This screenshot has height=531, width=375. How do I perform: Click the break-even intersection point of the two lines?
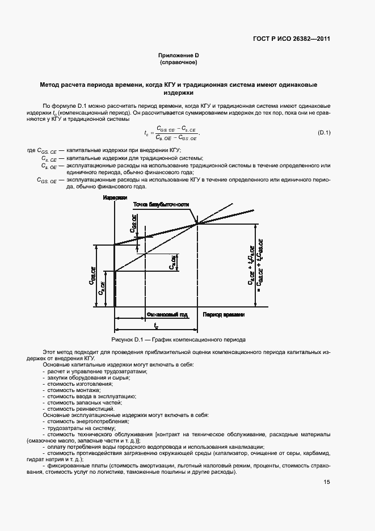click(197, 224)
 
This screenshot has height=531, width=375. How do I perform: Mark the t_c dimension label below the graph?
click(155, 326)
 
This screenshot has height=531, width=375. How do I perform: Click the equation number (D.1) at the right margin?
click(324, 133)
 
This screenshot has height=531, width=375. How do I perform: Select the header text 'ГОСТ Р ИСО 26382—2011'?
click(291, 39)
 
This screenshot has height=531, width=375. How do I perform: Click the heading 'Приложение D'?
click(179, 55)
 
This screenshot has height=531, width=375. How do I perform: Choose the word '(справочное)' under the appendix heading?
click(179, 62)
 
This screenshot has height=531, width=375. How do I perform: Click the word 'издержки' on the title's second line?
click(179, 92)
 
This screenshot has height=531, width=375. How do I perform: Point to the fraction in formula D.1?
click(177, 133)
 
